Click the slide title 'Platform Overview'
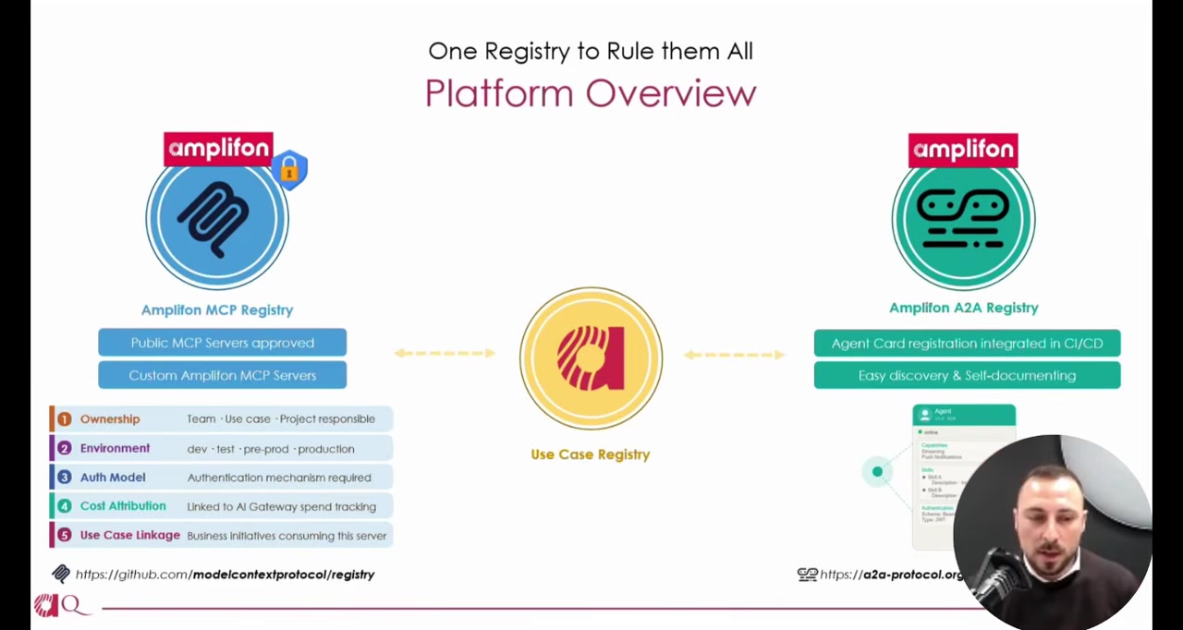(x=591, y=93)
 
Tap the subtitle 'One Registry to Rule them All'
(x=591, y=51)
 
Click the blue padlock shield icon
(x=289, y=170)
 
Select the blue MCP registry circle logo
(x=217, y=219)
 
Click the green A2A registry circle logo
(x=963, y=219)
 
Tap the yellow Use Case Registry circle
(x=591, y=358)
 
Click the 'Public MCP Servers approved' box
(x=222, y=343)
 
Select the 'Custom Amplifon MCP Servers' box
(x=222, y=375)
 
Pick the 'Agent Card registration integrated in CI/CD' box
(x=967, y=343)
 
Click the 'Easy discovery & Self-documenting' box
(x=967, y=375)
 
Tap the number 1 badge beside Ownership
(x=64, y=419)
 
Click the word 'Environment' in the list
(x=115, y=448)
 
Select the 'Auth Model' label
(x=113, y=478)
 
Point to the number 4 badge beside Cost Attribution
(x=64, y=506)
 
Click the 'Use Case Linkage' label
(x=129, y=535)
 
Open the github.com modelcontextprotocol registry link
(x=225, y=575)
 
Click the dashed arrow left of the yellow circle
(x=445, y=353)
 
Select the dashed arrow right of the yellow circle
(x=735, y=354)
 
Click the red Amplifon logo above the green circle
(x=963, y=150)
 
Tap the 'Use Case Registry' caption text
(x=590, y=454)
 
